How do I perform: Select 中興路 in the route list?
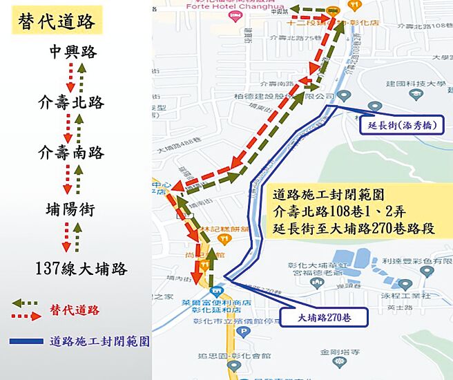pyautogui.click(x=73, y=53)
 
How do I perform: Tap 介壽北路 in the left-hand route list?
pyautogui.click(x=72, y=103)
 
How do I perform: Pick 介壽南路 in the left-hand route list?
pyautogui.click(x=72, y=152)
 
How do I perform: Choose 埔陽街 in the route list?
pyautogui.click(x=70, y=210)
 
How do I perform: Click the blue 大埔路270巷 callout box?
pyautogui.click(x=323, y=318)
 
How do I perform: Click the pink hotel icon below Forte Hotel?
pyautogui.click(x=235, y=15)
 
